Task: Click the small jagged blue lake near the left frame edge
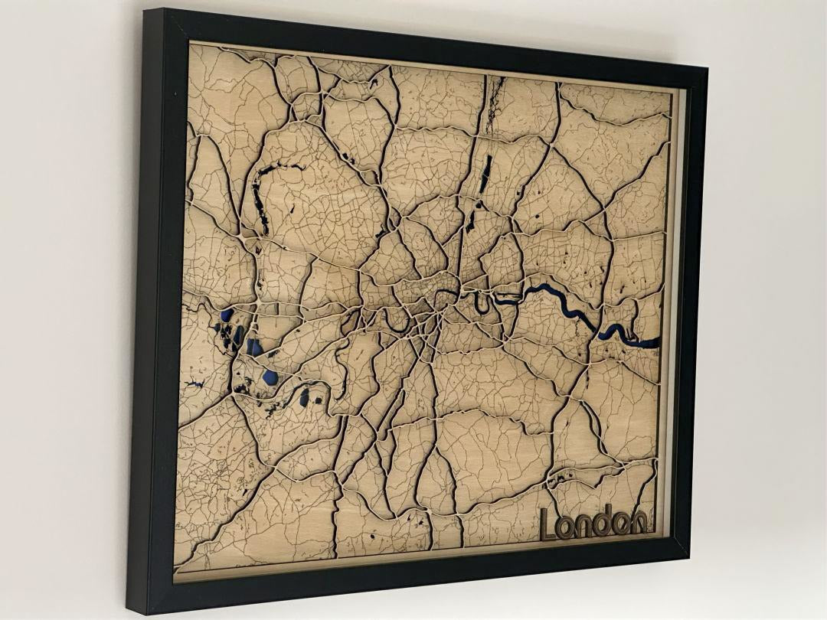(196, 383)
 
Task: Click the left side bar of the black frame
(153, 306)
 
